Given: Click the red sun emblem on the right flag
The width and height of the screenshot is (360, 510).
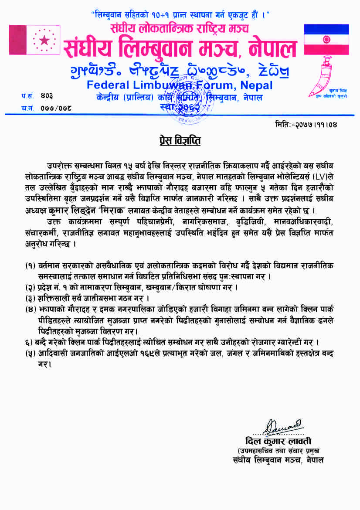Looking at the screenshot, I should pos(326,40).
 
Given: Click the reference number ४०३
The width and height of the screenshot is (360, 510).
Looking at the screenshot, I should pos(48,95).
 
